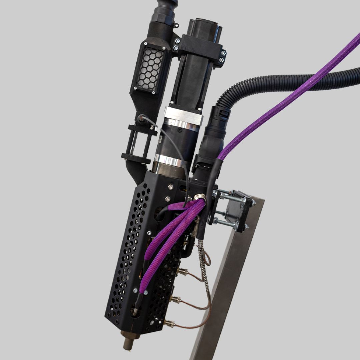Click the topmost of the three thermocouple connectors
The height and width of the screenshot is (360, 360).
tap(182, 271)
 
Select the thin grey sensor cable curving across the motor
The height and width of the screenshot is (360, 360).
tap(177, 147)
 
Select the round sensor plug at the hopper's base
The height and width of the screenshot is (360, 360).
tap(142, 118)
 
